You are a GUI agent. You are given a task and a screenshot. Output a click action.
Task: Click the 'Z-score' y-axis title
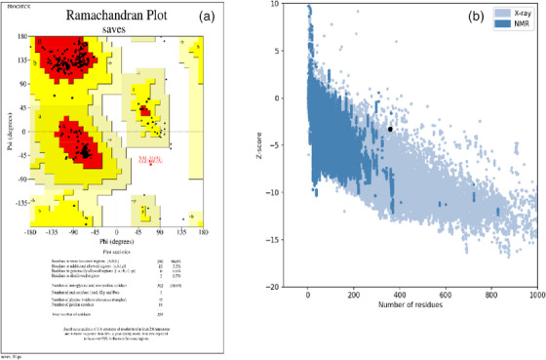click(x=265, y=146)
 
